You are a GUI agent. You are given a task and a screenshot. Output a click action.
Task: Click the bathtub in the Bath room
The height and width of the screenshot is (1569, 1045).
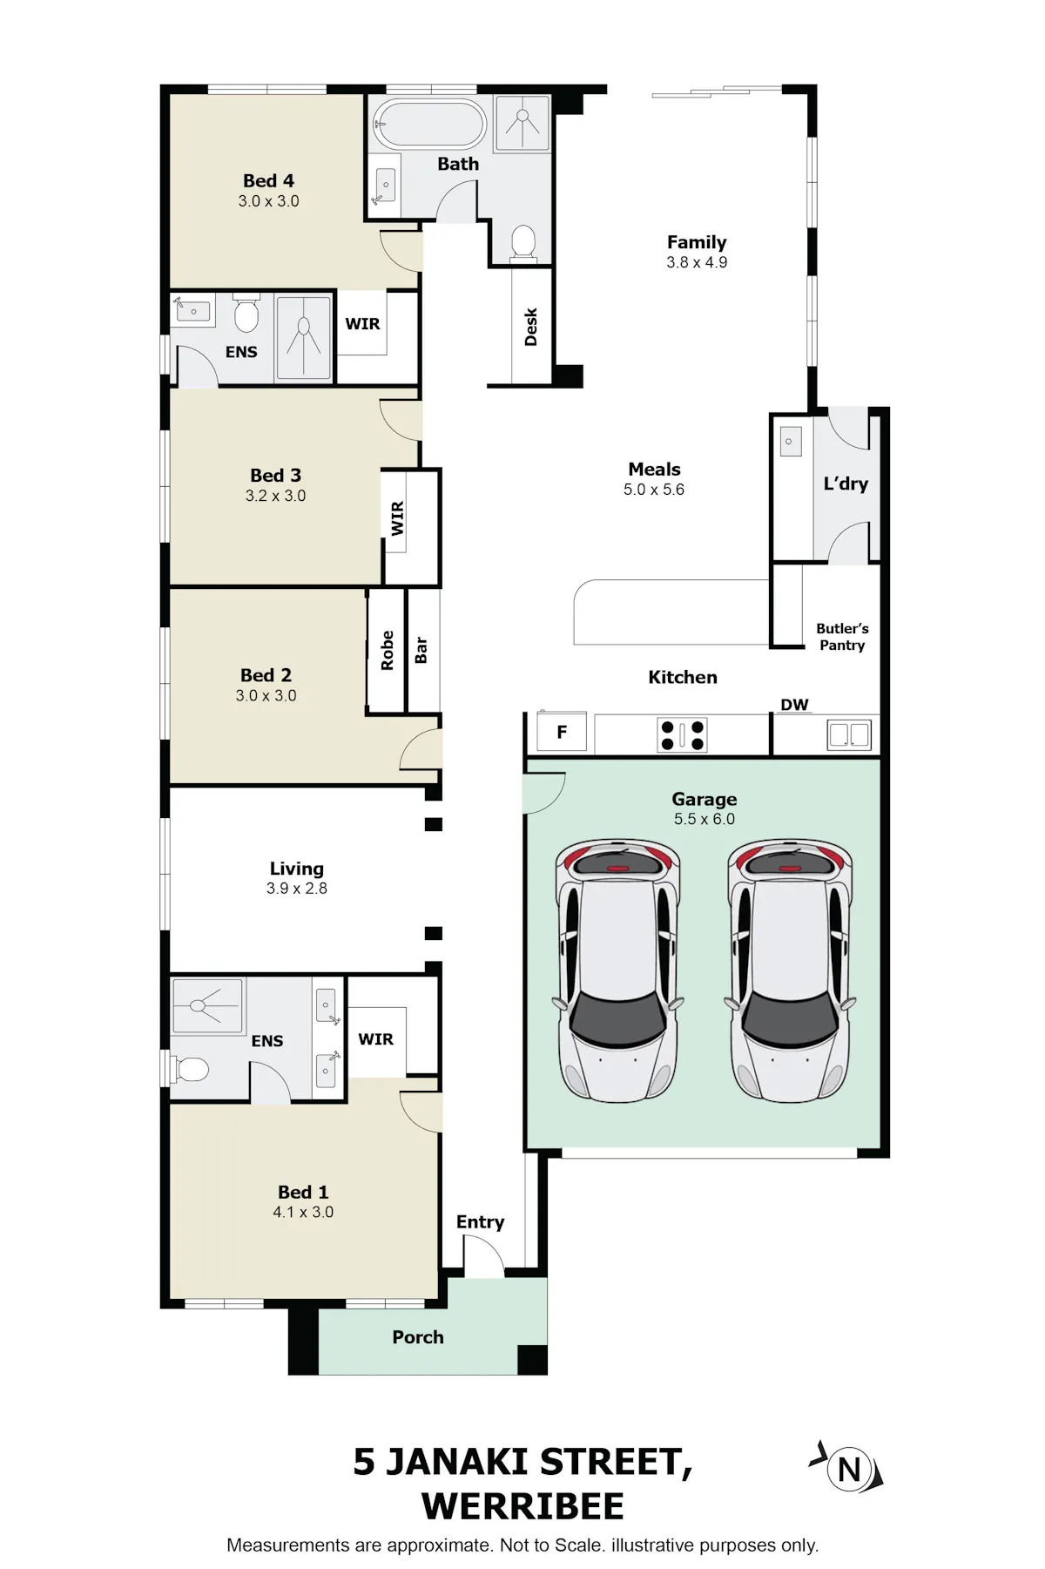click(428, 124)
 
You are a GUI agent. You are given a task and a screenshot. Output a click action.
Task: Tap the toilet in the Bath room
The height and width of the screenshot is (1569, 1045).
click(522, 241)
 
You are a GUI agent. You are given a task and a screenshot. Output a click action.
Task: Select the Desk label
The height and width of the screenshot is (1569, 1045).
click(530, 327)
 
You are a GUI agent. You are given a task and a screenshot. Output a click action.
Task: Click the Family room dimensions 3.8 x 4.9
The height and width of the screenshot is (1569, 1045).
click(697, 262)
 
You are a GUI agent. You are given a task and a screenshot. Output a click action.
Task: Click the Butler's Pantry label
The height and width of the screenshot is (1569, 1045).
click(842, 637)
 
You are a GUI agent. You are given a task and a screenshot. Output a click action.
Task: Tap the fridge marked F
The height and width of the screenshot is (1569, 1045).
click(562, 733)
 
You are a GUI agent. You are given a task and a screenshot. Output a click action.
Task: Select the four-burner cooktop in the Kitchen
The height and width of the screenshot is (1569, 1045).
click(682, 734)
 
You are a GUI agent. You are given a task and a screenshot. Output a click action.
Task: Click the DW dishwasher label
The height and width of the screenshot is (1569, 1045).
click(794, 705)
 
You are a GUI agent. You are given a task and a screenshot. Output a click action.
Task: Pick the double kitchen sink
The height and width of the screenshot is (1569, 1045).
click(849, 734)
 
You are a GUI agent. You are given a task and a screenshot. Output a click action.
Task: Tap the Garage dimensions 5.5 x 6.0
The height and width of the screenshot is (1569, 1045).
click(705, 819)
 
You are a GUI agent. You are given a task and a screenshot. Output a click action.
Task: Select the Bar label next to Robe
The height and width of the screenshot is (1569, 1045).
click(421, 650)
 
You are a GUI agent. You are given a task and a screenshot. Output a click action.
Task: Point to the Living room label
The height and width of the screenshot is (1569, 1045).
click(297, 869)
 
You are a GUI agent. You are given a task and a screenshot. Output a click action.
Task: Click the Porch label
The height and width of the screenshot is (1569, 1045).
click(418, 1337)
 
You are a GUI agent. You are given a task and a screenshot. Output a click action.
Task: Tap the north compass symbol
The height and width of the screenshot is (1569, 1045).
click(848, 1470)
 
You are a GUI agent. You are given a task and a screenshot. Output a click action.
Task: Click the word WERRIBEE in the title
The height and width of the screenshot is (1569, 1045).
click(522, 1506)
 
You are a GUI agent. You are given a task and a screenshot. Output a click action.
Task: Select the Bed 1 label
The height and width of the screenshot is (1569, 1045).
click(303, 1192)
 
